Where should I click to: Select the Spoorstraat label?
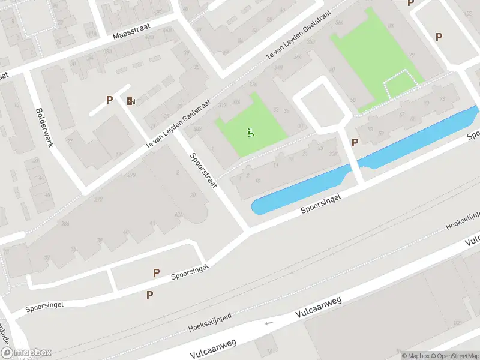(203, 170)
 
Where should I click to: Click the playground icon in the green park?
(251, 131)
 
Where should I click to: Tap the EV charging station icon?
(130, 101)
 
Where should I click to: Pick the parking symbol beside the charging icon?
(109, 100)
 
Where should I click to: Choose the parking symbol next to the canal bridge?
(355, 142)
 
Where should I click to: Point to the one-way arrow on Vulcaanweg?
(268, 323)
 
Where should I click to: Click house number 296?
(131, 175)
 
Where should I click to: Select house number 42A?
(178, 214)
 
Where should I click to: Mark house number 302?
(198, 128)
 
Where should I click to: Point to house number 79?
(412, 56)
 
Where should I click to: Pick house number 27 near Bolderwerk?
(70, 141)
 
